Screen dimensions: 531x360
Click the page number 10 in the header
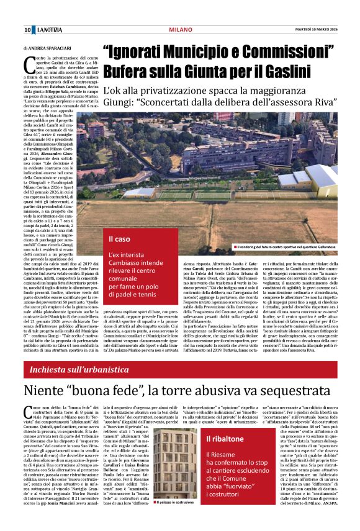pos(27,30)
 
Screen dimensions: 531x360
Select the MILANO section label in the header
pos(180,30)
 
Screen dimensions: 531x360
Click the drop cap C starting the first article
pos(29,61)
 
